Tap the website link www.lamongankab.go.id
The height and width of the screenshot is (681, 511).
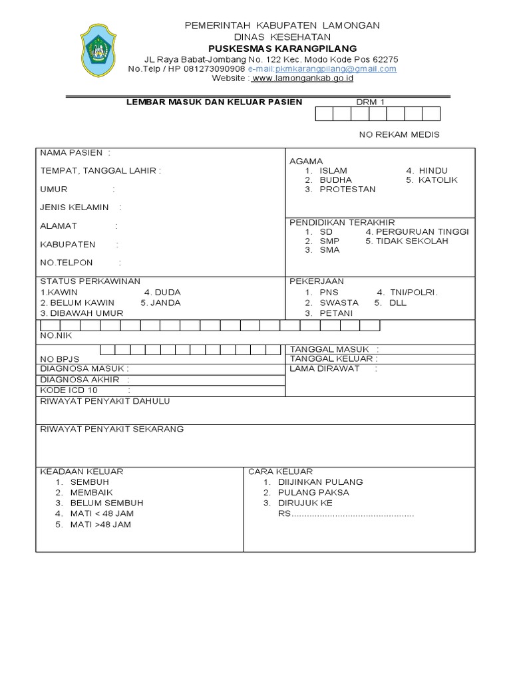tap(303, 78)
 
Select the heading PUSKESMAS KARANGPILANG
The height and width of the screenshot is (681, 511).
tap(282, 49)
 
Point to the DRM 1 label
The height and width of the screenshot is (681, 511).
tap(371, 102)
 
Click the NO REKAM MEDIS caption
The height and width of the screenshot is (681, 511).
tap(399, 134)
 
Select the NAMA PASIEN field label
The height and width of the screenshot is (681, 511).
tap(71, 152)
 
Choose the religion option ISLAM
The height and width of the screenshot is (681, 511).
tap(333, 171)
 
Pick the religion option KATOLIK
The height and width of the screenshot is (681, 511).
tap(438, 180)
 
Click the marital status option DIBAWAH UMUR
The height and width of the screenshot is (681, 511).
tap(86, 313)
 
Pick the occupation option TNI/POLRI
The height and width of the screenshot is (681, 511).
tap(415, 292)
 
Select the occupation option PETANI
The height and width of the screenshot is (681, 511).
tap(336, 313)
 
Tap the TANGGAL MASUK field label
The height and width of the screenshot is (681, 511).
tap(331, 349)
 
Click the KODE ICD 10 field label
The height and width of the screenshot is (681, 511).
tap(69, 390)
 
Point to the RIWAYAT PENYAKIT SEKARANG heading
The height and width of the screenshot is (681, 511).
tap(112, 429)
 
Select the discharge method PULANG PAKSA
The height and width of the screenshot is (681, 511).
tap(313, 492)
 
